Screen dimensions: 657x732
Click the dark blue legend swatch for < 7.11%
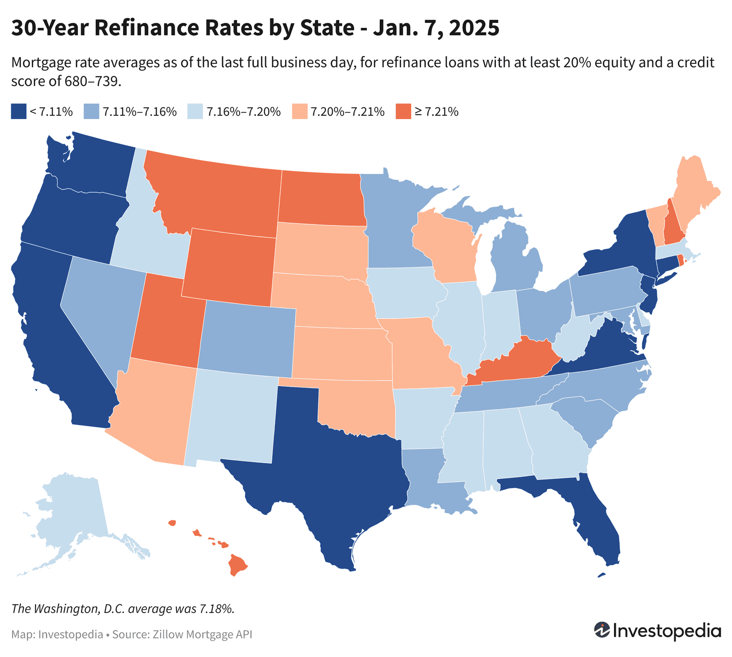pos(19,111)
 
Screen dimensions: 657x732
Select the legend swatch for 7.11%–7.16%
pos(92,111)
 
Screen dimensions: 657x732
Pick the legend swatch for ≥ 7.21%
pos(404,111)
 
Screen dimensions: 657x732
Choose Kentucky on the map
pos(517,361)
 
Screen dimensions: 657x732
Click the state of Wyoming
pos(229,266)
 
